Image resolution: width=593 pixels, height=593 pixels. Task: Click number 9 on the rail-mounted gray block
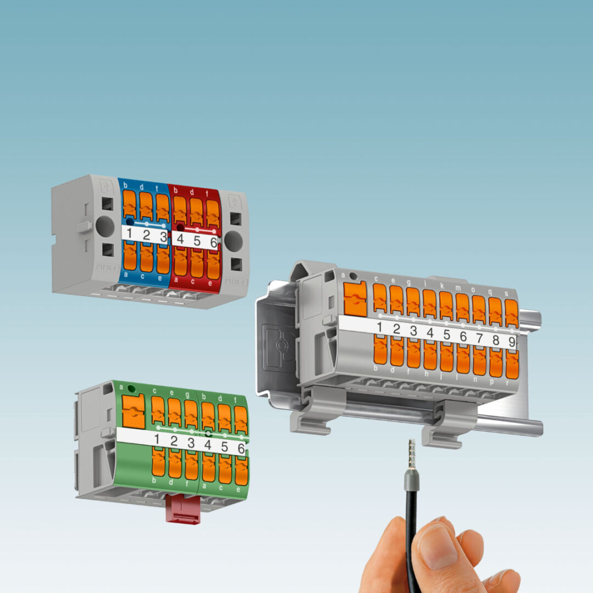(511, 341)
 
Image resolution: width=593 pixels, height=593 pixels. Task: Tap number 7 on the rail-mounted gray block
(479, 338)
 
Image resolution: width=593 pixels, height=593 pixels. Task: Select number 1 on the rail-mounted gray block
(379, 328)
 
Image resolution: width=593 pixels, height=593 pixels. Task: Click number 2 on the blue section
(147, 235)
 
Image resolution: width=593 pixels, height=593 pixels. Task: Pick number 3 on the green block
(191, 443)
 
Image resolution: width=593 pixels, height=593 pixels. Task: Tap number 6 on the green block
(240, 449)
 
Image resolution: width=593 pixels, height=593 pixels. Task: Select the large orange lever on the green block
(133, 411)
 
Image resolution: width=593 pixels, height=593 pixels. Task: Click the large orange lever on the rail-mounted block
(355, 299)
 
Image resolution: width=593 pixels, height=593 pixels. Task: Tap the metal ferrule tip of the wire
(411, 453)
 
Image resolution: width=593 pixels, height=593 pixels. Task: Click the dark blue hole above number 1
(130, 221)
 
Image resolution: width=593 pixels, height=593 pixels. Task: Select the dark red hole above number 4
(180, 226)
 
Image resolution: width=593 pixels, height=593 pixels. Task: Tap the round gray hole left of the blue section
(104, 226)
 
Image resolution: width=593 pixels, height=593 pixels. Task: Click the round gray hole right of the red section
(233, 241)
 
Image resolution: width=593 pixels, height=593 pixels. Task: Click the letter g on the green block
(188, 394)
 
